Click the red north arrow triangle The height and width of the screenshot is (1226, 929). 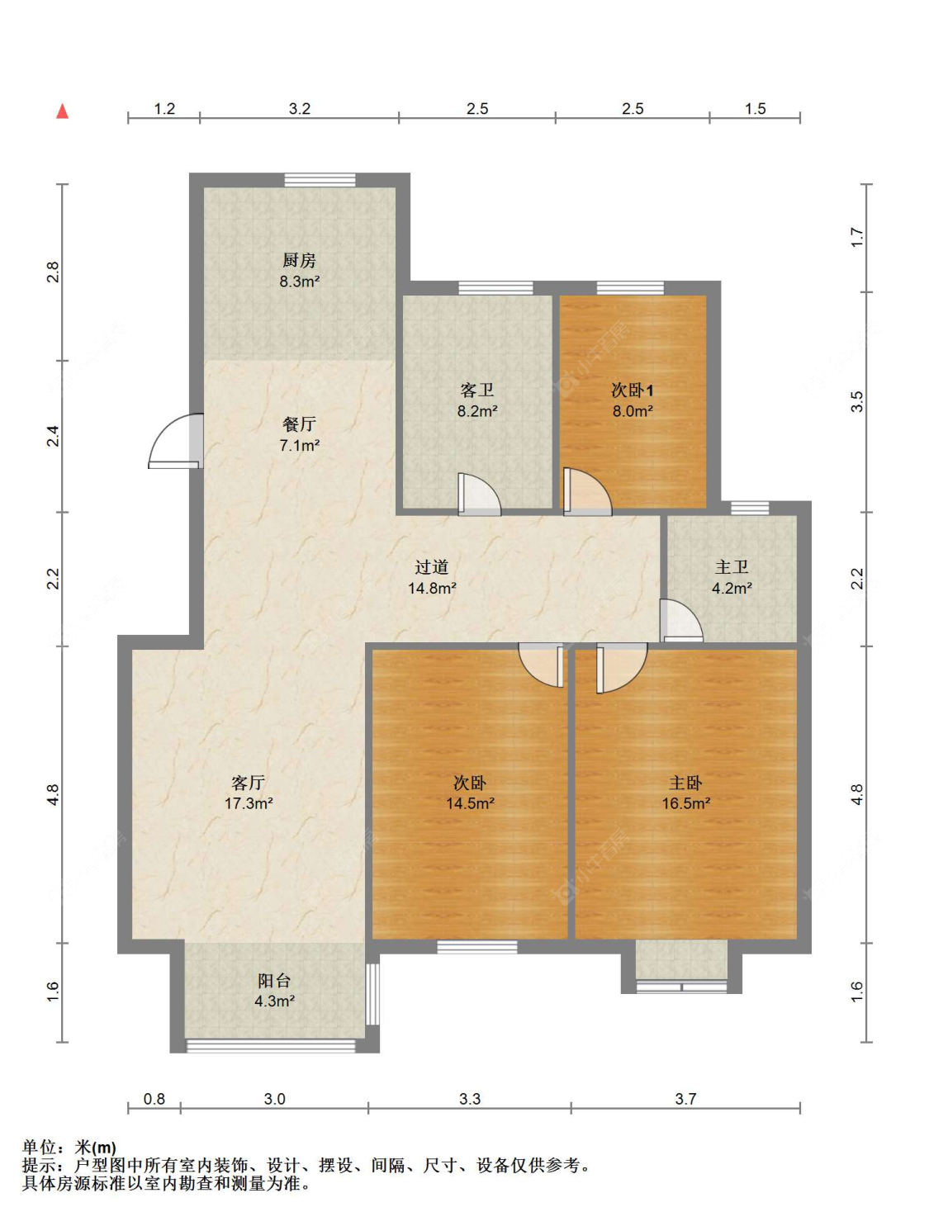[x=62, y=111]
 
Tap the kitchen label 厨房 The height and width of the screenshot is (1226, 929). [x=299, y=260]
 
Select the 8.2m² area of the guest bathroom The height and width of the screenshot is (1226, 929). [x=477, y=411]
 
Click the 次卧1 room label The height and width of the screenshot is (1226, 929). [x=633, y=390]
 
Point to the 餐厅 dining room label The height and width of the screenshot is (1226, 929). [x=299, y=424]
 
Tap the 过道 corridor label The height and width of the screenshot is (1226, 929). [x=431, y=567]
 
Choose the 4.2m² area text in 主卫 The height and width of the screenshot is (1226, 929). [x=732, y=588]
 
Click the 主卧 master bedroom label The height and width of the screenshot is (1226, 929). [x=685, y=783]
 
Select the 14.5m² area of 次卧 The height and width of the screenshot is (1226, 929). [x=470, y=803]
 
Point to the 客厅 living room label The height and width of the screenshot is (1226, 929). [x=248, y=783]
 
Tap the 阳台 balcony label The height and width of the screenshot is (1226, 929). [x=273, y=980]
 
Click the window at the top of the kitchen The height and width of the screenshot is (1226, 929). [x=320, y=180]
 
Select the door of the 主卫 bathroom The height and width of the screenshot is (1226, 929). [x=681, y=621]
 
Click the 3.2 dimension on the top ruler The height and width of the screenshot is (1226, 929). [x=300, y=108]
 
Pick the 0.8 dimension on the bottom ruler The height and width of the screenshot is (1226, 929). [x=154, y=1099]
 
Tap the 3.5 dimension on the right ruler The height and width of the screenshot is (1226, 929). [x=857, y=401]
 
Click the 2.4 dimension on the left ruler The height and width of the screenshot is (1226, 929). [x=53, y=436]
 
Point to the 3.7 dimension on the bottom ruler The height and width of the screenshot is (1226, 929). [x=685, y=1099]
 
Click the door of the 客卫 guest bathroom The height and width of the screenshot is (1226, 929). [x=479, y=495]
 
